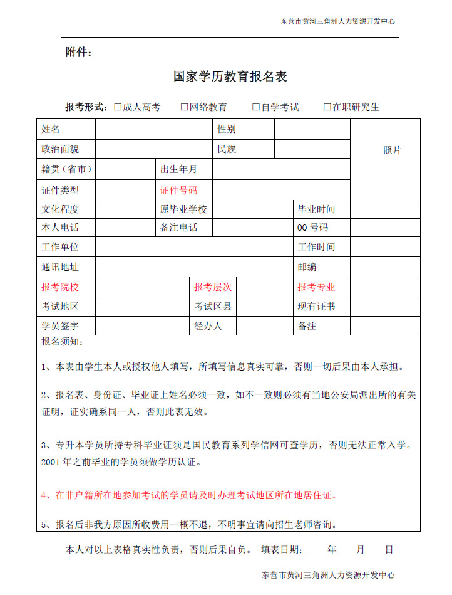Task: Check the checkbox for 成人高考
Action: coord(118,107)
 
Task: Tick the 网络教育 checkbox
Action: coord(185,107)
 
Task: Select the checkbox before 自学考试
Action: coord(256,107)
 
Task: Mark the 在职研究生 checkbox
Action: coord(327,107)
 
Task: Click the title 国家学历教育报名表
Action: coord(230,76)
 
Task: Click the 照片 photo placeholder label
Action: coord(392,150)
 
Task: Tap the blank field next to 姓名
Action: coord(153,129)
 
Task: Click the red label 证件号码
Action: coord(178,190)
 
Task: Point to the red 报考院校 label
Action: coord(60,287)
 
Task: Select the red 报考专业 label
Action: coord(316,287)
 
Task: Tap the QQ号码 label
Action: coord(312,228)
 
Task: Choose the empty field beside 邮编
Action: coord(384,266)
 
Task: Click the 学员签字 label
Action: coord(60,326)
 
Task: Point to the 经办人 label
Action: coord(208,326)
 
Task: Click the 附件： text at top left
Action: coord(79,52)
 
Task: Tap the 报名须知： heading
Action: coord(62,342)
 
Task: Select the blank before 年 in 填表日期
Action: coord(317,550)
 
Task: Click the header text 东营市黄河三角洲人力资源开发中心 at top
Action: coord(337,21)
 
